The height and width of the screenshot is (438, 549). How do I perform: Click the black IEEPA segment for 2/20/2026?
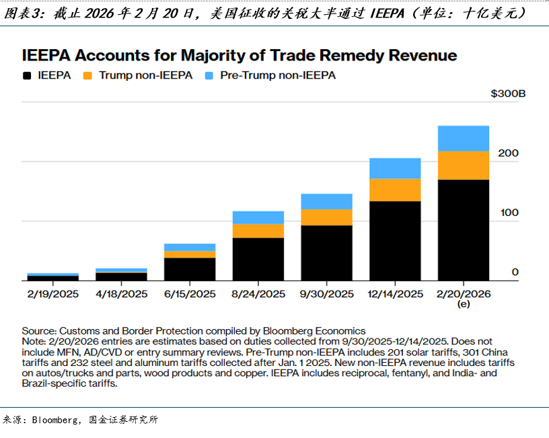click(463, 229)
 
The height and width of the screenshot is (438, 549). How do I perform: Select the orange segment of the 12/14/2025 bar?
click(396, 190)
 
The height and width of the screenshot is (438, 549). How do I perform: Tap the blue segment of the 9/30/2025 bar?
click(326, 201)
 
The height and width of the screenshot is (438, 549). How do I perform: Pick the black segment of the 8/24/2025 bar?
click(258, 259)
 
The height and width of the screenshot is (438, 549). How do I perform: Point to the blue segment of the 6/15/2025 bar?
click(190, 247)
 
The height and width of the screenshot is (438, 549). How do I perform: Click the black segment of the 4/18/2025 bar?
click(121, 277)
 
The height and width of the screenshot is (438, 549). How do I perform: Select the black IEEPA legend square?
click(28, 76)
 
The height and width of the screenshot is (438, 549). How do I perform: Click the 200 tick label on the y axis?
click(509, 153)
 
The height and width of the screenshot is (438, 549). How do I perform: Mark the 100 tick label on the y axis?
click(509, 213)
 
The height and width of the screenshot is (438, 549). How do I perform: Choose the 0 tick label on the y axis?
click(515, 272)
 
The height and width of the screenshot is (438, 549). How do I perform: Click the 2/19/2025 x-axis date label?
click(52, 294)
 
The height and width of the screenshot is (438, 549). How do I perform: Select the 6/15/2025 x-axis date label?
click(190, 294)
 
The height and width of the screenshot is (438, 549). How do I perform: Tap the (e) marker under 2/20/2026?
click(463, 304)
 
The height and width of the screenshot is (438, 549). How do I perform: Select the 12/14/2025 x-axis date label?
click(396, 294)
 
